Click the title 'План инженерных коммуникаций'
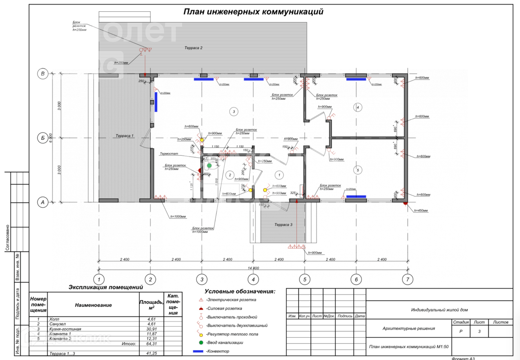(253, 12)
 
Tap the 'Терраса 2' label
(193, 48)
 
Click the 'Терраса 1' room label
(124, 136)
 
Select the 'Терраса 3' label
(283, 225)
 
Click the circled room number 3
(234, 112)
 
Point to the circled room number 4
(358, 107)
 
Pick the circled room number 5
(358, 170)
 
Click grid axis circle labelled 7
(407, 279)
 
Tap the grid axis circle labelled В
(43, 74)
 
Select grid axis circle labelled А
(43, 202)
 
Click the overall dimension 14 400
(253, 268)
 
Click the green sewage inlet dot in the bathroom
(209, 166)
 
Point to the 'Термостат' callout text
(169, 154)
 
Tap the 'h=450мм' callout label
(421, 211)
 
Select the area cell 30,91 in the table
(151, 329)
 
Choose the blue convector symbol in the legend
(198, 351)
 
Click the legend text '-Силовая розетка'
(224, 309)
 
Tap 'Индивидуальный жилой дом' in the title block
(439, 310)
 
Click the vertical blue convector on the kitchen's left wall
(156, 102)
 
